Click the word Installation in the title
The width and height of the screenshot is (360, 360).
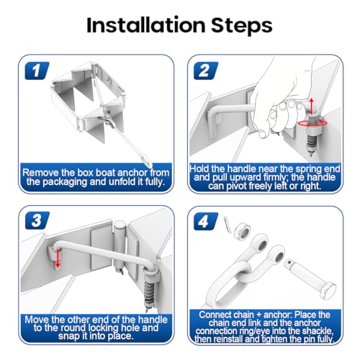145,24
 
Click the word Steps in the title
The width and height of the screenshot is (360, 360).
242,26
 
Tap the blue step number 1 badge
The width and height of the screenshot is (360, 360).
37,71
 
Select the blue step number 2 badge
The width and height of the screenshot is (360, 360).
206,71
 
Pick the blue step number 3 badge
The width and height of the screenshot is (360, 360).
37,220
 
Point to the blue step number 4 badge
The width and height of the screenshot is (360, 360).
206,221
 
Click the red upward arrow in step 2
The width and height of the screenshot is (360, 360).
311,105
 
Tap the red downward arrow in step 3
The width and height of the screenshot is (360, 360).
58,258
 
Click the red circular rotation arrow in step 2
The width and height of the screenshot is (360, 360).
312,123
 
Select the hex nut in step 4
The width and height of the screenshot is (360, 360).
242,231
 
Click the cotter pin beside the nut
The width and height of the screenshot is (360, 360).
227,225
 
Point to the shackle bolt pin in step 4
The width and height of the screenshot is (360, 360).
310,278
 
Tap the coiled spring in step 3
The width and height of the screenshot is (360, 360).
149,294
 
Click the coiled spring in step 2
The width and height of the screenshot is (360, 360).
312,143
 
